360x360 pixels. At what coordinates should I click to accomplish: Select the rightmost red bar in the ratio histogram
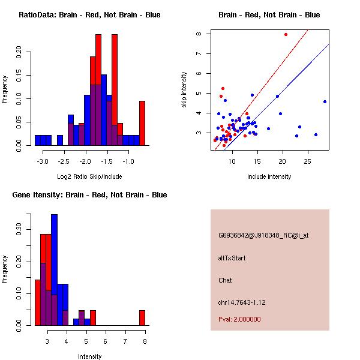pyautogui.click(x=142, y=123)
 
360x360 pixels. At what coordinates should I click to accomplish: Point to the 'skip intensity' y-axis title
pyautogui.click(x=184, y=89)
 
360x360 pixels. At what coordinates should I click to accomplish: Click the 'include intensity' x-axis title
pyautogui.click(x=269, y=176)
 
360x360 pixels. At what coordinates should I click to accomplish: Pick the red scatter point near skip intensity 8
pyautogui.click(x=286, y=34)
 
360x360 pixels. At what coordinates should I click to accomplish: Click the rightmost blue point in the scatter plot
pyautogui.click(x=325, y=101)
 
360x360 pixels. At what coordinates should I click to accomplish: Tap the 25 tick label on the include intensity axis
pyautogui.click(x=307, y=161)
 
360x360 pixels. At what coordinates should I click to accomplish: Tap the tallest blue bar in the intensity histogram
pyautogui.click(x=54, y=270)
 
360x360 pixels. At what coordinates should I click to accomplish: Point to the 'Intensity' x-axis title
pyautogui.click(x=90, y=356)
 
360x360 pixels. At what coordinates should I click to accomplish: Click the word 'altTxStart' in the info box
pyautogui.click(x=232, y=258)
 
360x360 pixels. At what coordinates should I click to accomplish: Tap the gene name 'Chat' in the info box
pyautogui.click(x=225, y=280)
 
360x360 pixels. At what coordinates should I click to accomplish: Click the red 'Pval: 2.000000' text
pyautogui.click(x=239, y=319)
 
